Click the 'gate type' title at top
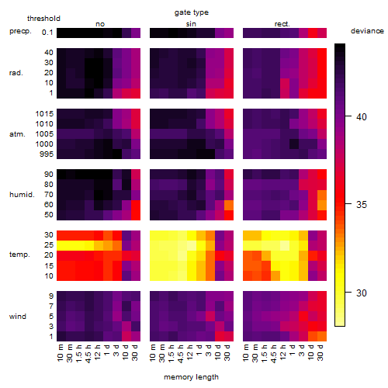(192, 12)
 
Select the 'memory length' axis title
(191, 377)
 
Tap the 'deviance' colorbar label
(367, 31)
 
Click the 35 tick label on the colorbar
(362, 205)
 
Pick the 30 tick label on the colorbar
(362, 293)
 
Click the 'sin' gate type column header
(191, 24)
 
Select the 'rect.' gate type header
(282, 24)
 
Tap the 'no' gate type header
(100, 24)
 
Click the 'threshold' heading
(43, 19)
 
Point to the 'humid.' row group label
(22, 195)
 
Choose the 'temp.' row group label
(19, 255)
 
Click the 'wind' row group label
(18, 317)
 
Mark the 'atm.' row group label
(17, 134)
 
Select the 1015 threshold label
(44, 114)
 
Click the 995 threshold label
(47, 154)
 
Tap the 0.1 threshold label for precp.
(47, 33)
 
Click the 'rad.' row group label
(16, 73)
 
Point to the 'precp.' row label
(20, 32)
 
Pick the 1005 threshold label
(44, 134)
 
